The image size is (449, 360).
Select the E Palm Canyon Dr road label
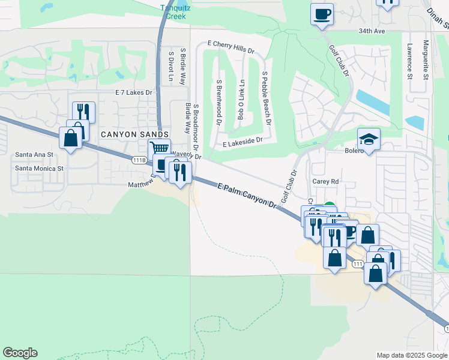point(247,196)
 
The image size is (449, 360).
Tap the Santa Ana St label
point(34,155)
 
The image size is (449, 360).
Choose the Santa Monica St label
point(40,169)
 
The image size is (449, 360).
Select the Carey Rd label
point(326,181)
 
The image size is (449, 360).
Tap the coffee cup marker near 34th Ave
point(322,13)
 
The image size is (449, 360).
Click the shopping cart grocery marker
point(159,149)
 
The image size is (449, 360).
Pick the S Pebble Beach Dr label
point(266,98)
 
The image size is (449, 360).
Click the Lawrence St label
point(409,61)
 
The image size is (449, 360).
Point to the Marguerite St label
point(425,60)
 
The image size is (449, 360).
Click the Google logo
point(20,353)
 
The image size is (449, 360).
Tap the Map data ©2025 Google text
point(411,355)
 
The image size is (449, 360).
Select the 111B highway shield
point(139,160)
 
